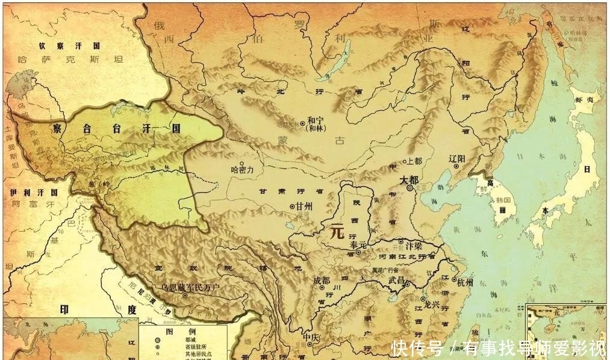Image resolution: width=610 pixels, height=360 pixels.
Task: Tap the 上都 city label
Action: tap(415, 161)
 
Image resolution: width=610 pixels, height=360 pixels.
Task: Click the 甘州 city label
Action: tap(303, 206)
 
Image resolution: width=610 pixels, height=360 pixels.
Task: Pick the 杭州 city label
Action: tap(465, 282)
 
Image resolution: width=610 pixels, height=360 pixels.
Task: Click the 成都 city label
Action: tap(322, 281)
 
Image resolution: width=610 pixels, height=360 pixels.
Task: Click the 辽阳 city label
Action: tap(458, 158)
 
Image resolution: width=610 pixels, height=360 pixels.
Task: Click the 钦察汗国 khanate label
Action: tap(70, 46)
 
